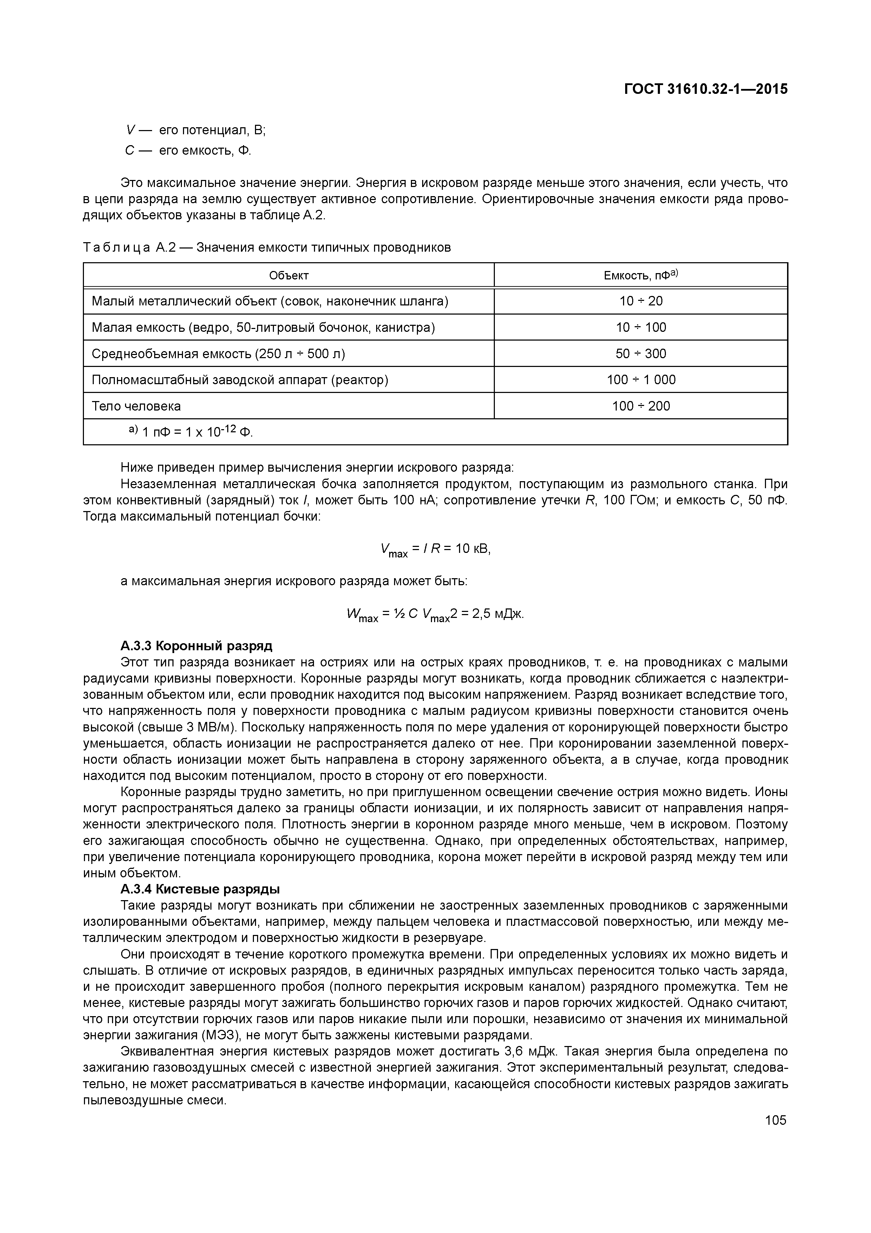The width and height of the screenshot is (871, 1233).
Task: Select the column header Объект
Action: tap(289, 276)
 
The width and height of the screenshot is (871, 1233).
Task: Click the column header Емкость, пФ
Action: tap(641, 276)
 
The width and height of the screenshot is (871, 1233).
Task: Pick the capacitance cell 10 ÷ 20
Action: tap(641, 301)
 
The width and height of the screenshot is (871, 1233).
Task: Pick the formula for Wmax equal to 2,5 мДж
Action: tap(435, 614)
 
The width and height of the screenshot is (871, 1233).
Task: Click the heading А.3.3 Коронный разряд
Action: tap(196, 646)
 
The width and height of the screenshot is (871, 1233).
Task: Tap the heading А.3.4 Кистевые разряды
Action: tap(200, 889)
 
